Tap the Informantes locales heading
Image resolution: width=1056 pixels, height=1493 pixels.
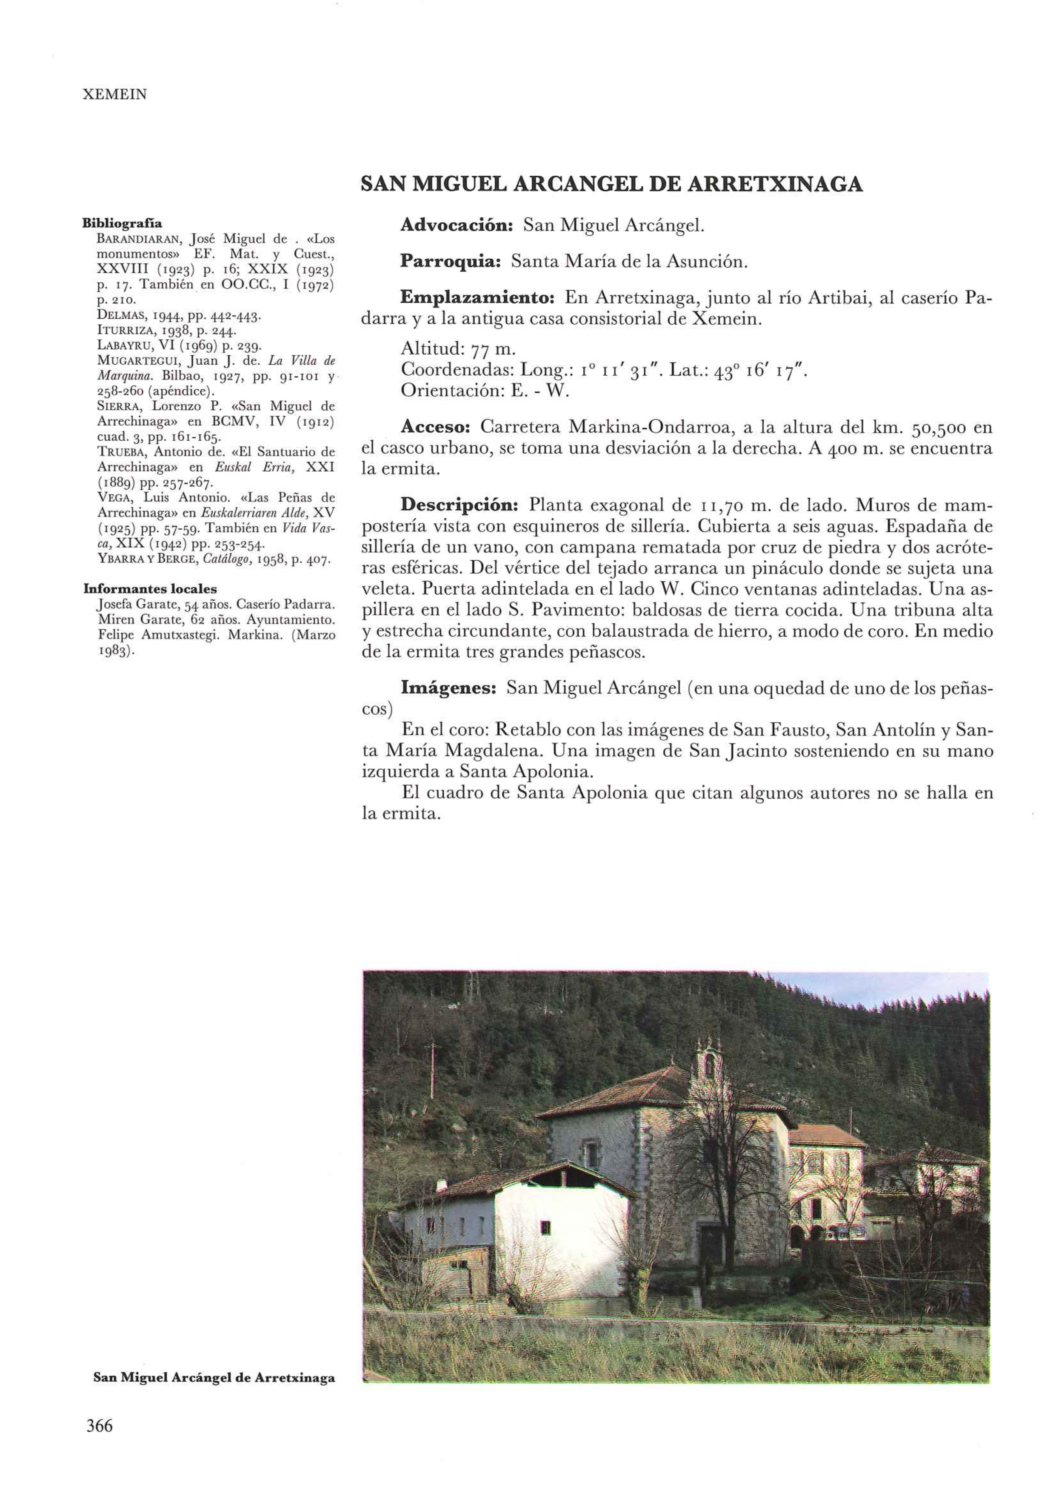pos(150,589)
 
